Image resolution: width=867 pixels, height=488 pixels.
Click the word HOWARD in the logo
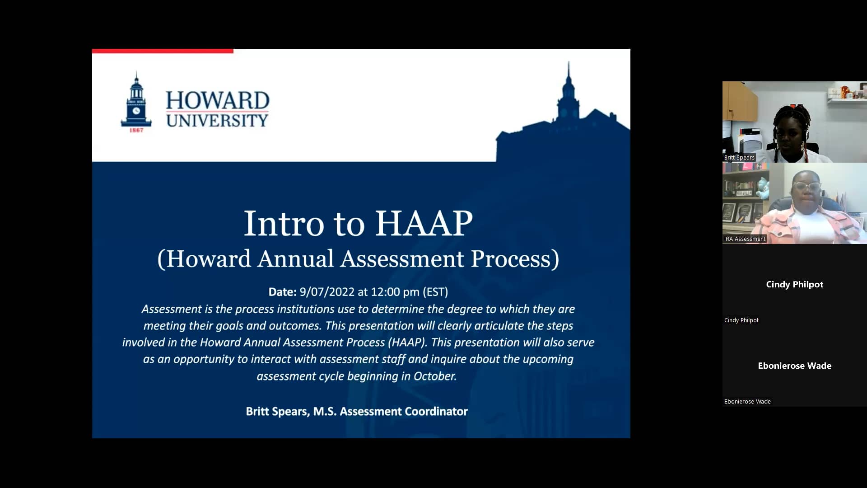pos(217,100)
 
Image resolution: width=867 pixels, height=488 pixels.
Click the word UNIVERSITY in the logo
pos(217,121)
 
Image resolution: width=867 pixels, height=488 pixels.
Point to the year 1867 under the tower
pos(136,130)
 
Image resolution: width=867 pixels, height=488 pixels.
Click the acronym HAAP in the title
pos(424,223)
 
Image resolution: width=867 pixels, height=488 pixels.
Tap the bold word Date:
pos(282,292)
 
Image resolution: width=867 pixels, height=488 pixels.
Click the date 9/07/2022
pos(327,292)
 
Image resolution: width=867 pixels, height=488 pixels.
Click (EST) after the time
pos(435,292)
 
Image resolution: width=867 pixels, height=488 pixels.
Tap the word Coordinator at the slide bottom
pos(436,411)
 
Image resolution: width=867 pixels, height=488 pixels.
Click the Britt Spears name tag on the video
pos(739,158)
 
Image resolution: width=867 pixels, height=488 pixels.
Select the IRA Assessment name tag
pos(745,239)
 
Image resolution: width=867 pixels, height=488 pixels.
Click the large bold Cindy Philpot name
pos(794,284)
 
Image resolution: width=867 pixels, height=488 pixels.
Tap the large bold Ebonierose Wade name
pos(794,366)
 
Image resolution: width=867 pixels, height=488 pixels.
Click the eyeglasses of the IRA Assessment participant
pos(806,187)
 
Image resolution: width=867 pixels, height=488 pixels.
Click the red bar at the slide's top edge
pos(163,51)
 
